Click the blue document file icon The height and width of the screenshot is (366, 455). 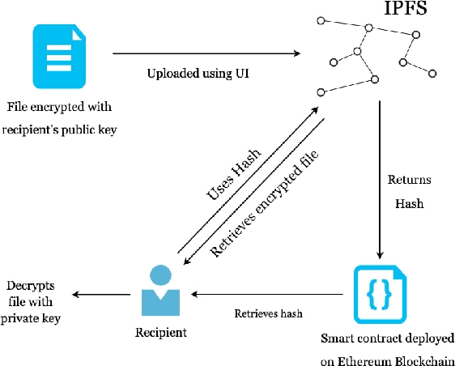pyautogui.click(x=57, y=57)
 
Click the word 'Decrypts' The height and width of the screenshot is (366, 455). pyautogui.click(x=30, y=285)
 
